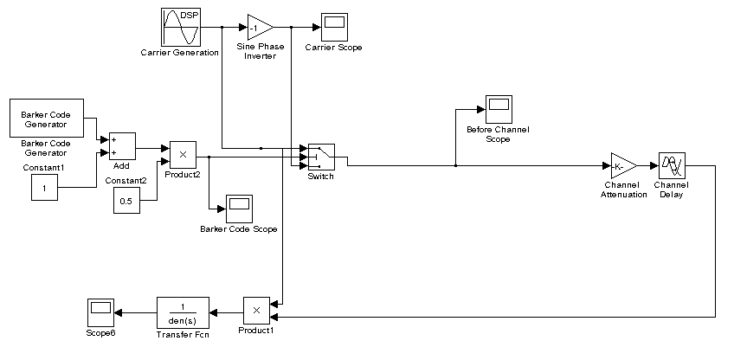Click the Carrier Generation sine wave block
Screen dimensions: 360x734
[182, 27]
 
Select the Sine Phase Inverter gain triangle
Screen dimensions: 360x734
[260, 27]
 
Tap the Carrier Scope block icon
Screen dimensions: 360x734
[334, 27]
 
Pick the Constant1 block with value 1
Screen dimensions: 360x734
[45, 186]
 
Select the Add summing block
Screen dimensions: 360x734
[122, 146]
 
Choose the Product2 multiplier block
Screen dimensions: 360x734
[183, 154]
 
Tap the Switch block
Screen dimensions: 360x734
[321, 157]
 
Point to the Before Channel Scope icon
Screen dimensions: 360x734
[498, 110]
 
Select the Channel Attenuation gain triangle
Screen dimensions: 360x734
[623, 165]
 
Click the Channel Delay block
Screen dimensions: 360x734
[672, 165]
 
